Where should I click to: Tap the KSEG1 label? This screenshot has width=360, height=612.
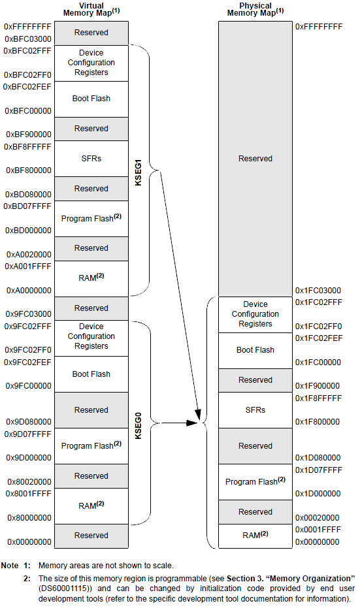138,172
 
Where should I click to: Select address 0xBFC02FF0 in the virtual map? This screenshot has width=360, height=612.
27,75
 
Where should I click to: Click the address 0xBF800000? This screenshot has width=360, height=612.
27,170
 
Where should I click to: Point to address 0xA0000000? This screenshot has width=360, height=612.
27,290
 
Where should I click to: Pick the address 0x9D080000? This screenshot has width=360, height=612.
27,422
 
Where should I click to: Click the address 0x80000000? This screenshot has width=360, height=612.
27,517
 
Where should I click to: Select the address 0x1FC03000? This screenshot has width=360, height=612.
318,291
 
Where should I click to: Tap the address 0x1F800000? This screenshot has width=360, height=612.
318,422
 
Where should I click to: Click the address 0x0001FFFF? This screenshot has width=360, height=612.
318,530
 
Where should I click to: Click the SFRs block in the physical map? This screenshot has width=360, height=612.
255,410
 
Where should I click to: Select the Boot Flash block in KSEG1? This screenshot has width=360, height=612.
91,99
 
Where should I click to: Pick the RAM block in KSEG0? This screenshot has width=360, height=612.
91,505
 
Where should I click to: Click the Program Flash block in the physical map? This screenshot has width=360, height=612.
255,482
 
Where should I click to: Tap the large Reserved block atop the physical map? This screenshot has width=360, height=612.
255,159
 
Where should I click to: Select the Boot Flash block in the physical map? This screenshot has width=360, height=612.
255,350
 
